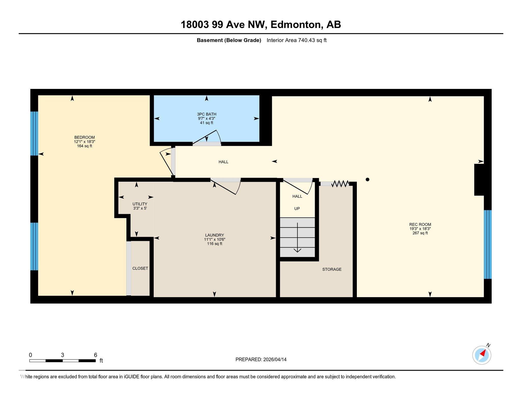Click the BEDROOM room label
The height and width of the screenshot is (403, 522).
[84, 137]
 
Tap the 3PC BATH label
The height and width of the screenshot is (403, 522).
[207, 114]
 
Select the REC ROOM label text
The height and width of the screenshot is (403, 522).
[420, 224]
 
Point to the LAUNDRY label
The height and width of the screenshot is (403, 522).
[215, 235]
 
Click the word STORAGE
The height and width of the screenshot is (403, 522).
[332, 269]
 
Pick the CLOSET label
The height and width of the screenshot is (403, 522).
[140, 268]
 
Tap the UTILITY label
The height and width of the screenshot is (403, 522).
[140, 204]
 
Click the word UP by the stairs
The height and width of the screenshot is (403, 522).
[297, 208]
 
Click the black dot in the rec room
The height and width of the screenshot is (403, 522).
[367, 179]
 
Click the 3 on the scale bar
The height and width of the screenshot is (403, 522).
[62, 355]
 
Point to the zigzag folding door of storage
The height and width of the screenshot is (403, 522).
[340, 183]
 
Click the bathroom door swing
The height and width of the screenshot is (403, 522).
[207, 138]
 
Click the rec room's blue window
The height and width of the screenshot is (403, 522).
[488, 244]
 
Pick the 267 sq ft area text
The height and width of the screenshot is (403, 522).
[420, 233]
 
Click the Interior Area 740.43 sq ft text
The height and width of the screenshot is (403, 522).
[296, 40]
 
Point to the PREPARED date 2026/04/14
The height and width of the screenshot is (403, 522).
[275, 359]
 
